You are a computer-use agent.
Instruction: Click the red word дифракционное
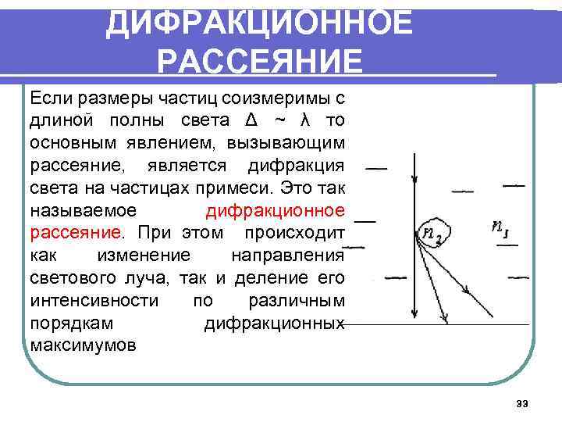tap(276, 211)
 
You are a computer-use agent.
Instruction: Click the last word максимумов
tap(83, 345)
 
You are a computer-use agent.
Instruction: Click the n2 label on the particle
tap(430, 234)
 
